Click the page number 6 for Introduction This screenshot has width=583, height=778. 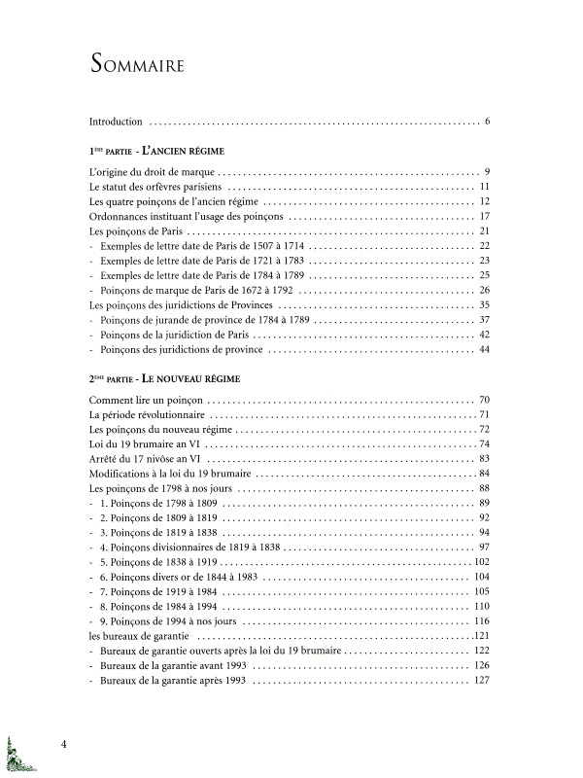(x=487, y=122)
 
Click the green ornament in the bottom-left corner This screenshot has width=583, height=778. (x=17, y=756)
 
